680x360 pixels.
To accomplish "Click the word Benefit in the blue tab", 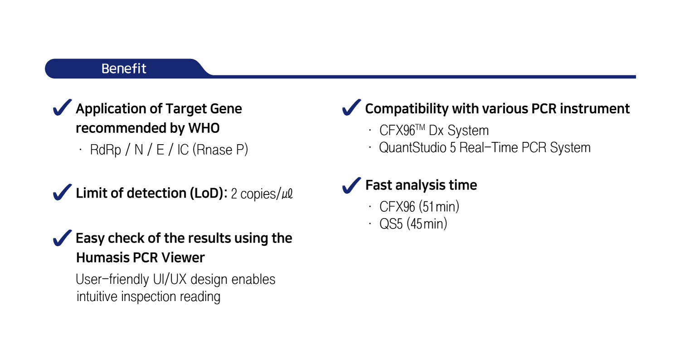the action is [124, 68].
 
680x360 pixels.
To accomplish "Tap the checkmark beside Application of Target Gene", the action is [62, 108].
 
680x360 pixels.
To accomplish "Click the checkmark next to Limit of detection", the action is [62, 192].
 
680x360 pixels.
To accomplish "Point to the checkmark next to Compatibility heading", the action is [351, 108].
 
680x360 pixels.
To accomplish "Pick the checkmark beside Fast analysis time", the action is [351, 185].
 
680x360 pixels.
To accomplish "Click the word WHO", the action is [204, 128].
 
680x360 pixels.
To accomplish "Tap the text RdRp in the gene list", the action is [105, 150].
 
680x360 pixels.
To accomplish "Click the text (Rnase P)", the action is [220, 150].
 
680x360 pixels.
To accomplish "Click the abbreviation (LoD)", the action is [207, 193].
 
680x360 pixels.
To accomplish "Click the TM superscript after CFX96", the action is [420, 127].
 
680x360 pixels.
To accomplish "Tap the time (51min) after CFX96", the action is [439, 207].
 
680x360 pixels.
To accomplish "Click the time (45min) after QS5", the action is [427, 224].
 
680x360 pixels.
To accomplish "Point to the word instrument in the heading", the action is [595, 109].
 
